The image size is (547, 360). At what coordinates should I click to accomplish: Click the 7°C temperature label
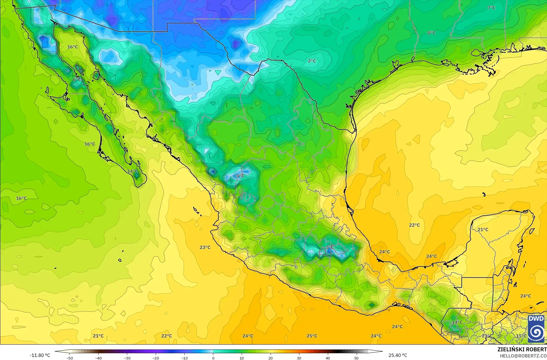(491, 8)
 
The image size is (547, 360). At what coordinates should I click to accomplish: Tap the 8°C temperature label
(432, 33)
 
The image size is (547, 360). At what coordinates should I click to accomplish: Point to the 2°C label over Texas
(312, 61)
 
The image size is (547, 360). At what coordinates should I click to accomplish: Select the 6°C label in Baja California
(77, 80)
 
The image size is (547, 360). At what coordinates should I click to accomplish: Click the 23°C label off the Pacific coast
(205, 247)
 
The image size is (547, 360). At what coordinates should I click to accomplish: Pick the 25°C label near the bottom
(312, 336)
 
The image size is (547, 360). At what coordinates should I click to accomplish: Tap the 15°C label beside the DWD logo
(521, 336)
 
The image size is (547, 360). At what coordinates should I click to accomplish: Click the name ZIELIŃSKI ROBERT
(522, 350)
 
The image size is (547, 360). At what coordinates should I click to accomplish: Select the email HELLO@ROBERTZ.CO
(523, 356)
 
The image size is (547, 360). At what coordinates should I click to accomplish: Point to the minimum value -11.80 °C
(40, 355)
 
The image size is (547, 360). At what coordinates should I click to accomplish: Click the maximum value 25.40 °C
(398, 355)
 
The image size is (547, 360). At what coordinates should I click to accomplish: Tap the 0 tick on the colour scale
(213, 358)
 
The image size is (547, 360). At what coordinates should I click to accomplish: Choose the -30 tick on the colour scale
(127, 358)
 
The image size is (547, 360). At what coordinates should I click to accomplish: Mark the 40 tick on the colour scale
(328, 358)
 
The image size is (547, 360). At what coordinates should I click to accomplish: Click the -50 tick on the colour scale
(70, 358)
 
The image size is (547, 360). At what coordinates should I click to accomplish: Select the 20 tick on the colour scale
(270, 358)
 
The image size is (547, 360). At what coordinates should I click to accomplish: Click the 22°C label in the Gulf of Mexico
(415, 225)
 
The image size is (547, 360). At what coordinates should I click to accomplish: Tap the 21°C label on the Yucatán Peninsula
(483, 230)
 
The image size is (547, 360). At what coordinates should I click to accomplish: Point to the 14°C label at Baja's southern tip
(132, 171)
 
